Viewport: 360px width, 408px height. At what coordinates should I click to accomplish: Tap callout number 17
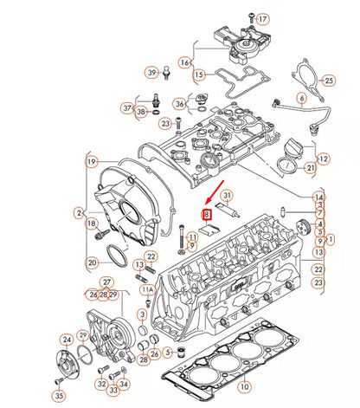click(264, 18)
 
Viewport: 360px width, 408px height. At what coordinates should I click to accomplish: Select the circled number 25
click(328, 81)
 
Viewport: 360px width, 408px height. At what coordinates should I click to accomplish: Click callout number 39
click(151, 72)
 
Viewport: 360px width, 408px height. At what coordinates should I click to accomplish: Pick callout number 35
click(59, 396)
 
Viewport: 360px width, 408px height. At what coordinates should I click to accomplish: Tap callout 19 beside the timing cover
click(91, 161)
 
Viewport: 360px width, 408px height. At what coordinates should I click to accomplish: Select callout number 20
click(91, 262)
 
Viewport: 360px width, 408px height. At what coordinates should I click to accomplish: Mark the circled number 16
click(185, 62)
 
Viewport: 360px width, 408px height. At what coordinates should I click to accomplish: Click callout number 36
click(179, 104)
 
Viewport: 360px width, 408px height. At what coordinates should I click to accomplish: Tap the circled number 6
click(301, 99)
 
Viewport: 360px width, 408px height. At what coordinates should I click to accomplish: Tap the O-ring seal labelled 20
click(117, 256)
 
